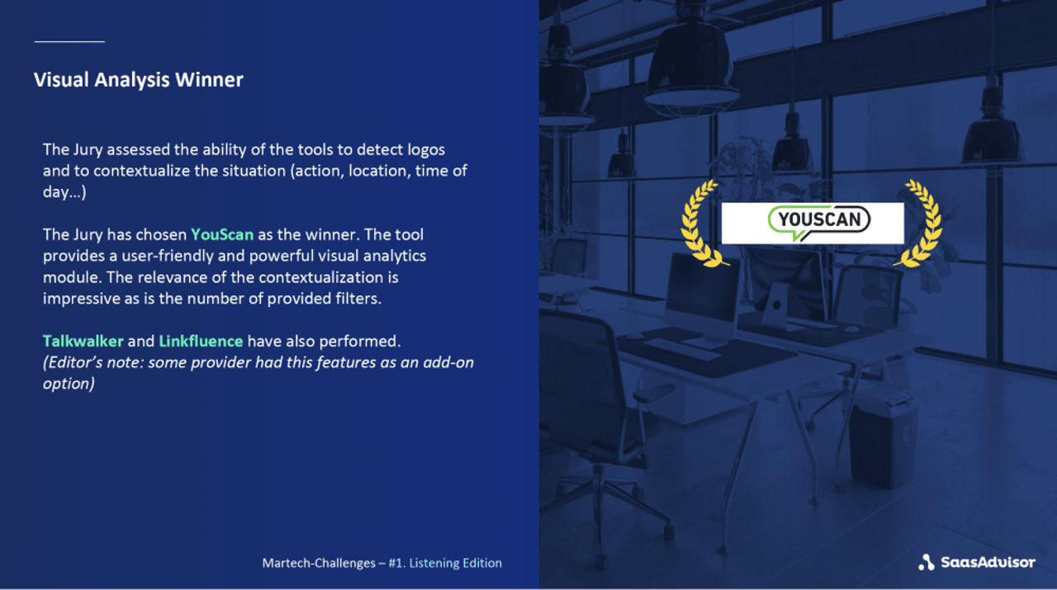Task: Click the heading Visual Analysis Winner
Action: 138,80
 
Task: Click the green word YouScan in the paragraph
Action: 222,234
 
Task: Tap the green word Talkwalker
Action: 83,341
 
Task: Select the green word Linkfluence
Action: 201,341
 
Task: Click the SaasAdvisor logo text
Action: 988,563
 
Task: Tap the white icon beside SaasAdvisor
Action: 927,563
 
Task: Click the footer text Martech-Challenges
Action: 319,564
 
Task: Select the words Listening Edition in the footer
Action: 455,564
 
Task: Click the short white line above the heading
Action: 69,40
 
